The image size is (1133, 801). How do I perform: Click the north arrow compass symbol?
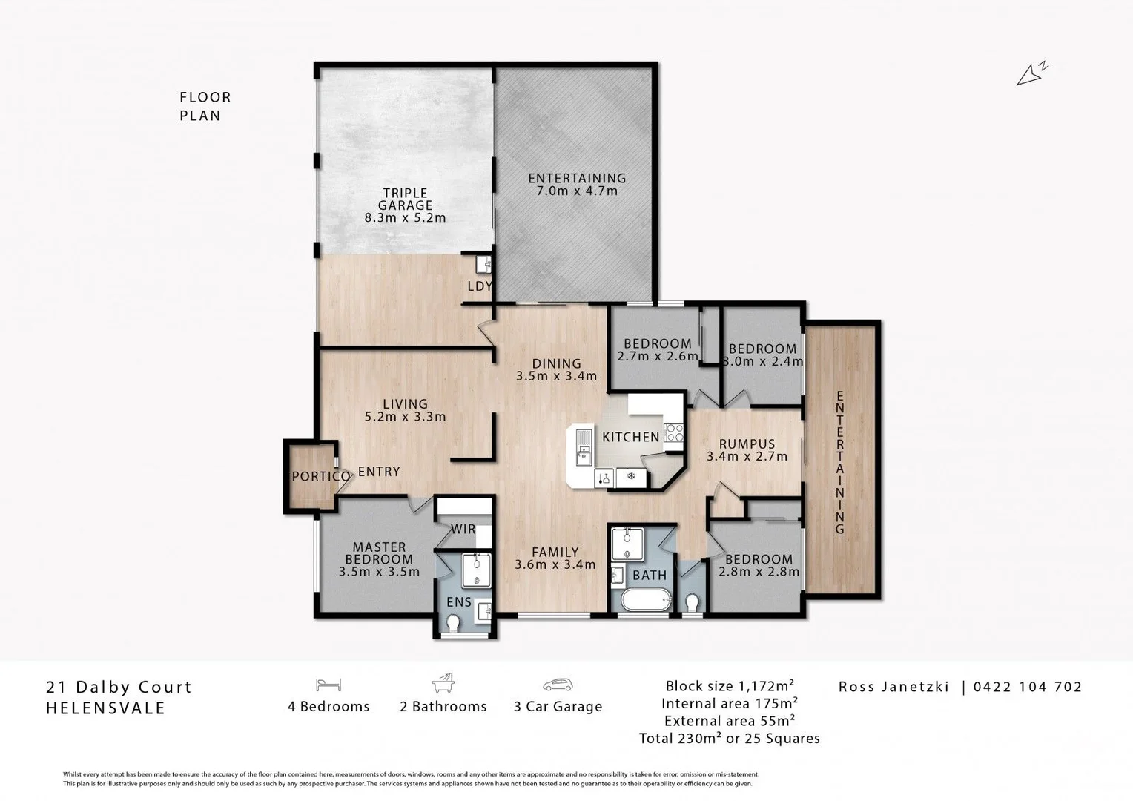point(1031,73)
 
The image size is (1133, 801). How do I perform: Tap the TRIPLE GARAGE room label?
point(405,200)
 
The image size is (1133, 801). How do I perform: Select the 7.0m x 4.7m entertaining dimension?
point(577,191)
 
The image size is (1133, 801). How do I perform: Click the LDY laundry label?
point(480,286)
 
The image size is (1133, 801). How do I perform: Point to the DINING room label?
point(556,363)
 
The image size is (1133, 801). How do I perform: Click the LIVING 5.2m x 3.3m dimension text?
point(405,417)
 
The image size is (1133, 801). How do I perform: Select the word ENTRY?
point(379,472)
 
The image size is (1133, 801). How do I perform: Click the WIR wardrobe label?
point(463,530)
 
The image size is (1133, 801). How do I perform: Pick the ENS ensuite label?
point(459,602)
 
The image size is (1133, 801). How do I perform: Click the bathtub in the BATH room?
point(645,600)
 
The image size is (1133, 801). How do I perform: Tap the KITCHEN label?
point(630,437)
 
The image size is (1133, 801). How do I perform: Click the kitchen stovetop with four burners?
point(673,432)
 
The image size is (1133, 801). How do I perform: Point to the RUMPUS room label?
point(747,444)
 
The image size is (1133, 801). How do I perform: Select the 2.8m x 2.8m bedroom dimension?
point(759,572)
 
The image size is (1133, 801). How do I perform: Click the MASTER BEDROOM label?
point(379,553)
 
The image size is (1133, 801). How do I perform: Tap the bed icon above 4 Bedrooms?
point(328,684)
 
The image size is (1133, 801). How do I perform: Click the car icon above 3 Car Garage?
point(558,684)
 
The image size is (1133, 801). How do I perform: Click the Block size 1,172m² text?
point(730,685)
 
